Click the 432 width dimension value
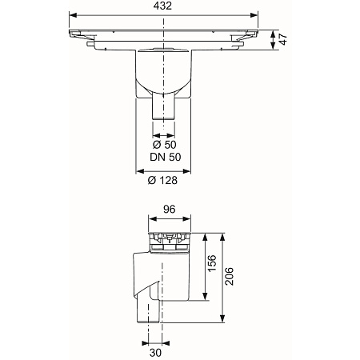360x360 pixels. (162, 6)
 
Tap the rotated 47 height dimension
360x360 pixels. (282, 39)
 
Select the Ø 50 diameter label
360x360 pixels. (164, 145)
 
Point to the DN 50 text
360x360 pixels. (166, 157)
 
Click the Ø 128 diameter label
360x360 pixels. (162, 180)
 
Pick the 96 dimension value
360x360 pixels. (170, 210)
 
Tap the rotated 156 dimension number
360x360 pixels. (212, 263)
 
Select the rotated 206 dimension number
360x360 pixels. (229, 276)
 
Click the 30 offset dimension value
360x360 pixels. (155, 353)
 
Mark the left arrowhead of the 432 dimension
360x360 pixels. (73, 15)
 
